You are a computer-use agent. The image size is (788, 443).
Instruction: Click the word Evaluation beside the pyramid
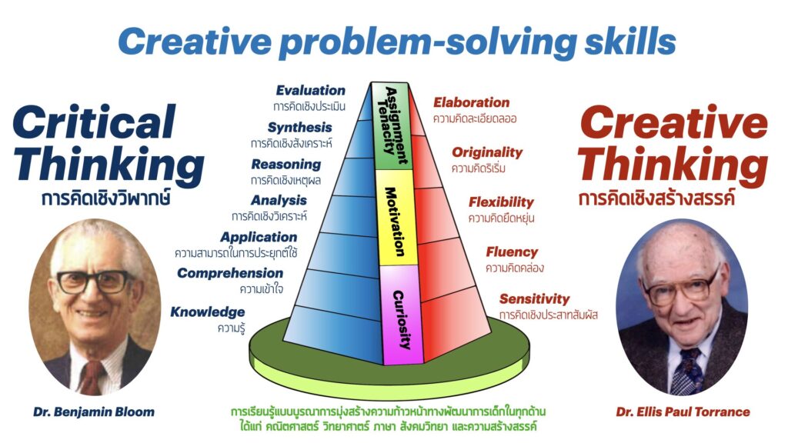(x=311, y=91)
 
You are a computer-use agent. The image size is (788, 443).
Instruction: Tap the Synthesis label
(x=299, y=127)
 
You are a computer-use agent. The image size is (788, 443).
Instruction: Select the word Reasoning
(x=286, y=165)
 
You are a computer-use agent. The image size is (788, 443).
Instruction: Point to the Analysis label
(x=279, y=201)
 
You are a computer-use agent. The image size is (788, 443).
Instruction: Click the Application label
(x=259, y=237)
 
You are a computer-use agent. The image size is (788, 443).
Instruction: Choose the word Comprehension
(x=230, y=273)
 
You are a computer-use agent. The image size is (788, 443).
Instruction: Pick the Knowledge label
(x=208, y=312)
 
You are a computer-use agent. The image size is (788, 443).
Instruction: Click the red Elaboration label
(x=472, y=102)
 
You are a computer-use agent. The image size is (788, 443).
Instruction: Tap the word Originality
(x=487, y=152)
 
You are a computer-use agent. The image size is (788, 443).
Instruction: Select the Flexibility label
(x=501, y=202)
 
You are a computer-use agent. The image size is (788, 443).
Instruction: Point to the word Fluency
(x=512, y=251)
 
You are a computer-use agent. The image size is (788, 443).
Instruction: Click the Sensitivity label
(x=534, y=299)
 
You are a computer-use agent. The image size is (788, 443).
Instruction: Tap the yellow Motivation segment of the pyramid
(x=396, y=218)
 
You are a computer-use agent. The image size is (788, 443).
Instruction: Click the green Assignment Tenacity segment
(x=392, y=127)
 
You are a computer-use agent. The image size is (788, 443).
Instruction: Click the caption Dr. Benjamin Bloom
(x=94, y=412)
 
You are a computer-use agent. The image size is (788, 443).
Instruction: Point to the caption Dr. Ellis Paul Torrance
(x=683, y=412)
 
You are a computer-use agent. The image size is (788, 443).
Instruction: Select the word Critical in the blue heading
(x=95, y=122)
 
